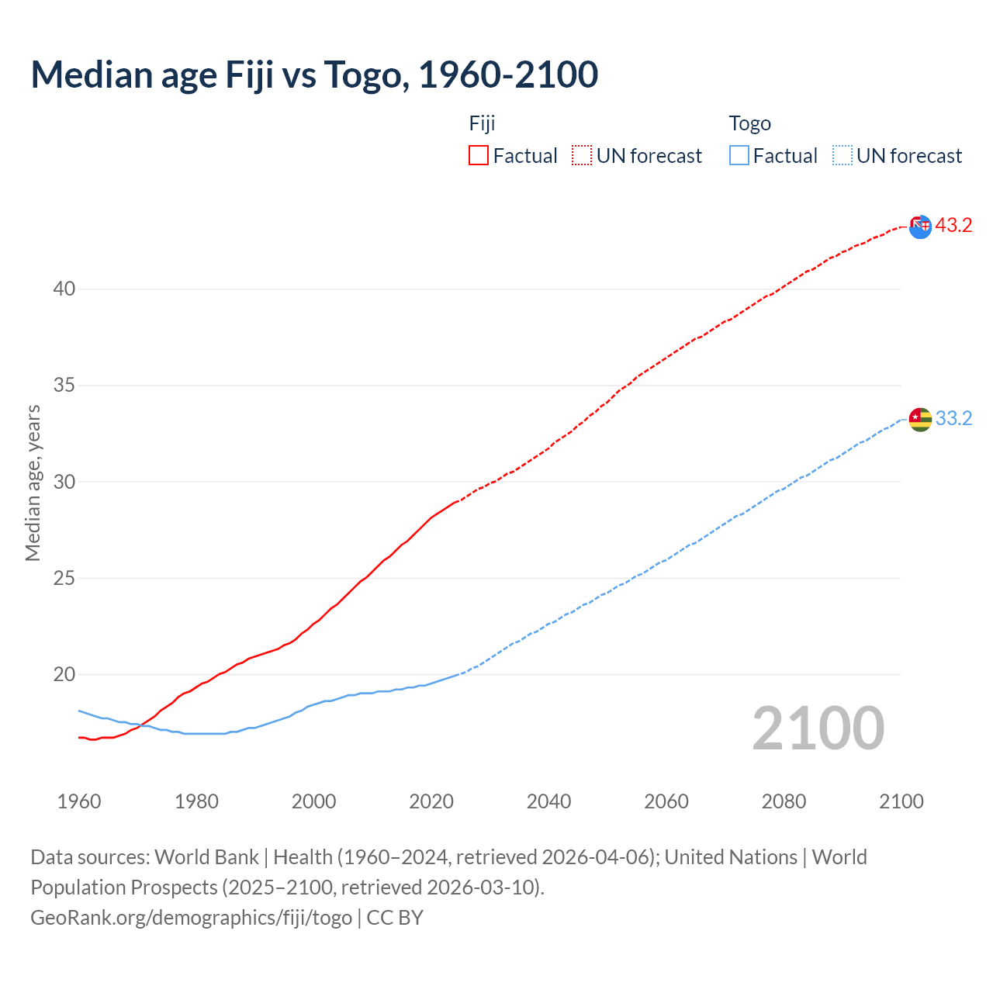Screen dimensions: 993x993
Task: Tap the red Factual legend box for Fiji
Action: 479,155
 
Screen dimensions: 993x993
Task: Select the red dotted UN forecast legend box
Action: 582,155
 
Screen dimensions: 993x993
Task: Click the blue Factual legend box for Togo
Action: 739,155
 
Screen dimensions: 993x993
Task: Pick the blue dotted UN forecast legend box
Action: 842,155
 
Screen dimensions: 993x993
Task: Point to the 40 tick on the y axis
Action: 64,289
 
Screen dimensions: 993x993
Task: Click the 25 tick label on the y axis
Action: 64,578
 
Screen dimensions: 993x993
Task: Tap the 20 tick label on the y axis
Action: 64,674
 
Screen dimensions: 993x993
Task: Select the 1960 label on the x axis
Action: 79,801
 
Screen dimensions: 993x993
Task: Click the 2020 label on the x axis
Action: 431,801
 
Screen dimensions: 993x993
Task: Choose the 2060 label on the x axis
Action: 666,801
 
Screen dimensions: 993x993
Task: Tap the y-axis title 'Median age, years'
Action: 33,483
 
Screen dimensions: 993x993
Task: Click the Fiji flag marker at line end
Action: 920,227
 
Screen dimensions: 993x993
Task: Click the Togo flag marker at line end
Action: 920,420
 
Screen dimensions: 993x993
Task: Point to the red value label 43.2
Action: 953,226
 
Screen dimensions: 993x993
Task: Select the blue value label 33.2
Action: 953,419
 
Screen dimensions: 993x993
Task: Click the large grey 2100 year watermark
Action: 818,728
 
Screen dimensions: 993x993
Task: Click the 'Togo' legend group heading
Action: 749,123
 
